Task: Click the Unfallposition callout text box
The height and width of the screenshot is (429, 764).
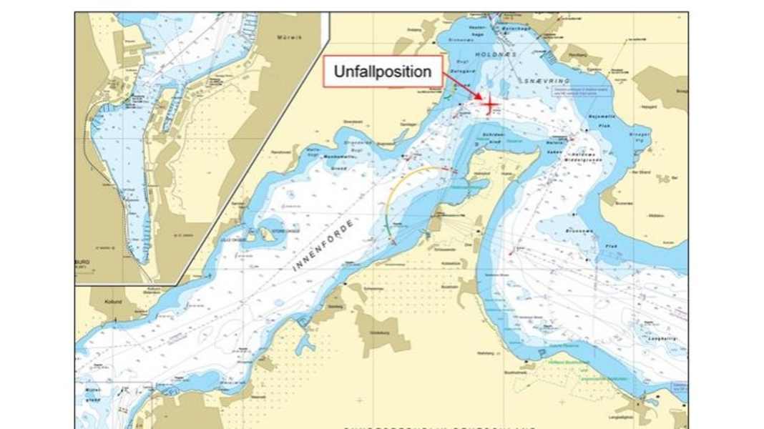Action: point(382,71)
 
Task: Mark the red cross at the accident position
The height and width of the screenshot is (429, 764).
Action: point(490,105)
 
